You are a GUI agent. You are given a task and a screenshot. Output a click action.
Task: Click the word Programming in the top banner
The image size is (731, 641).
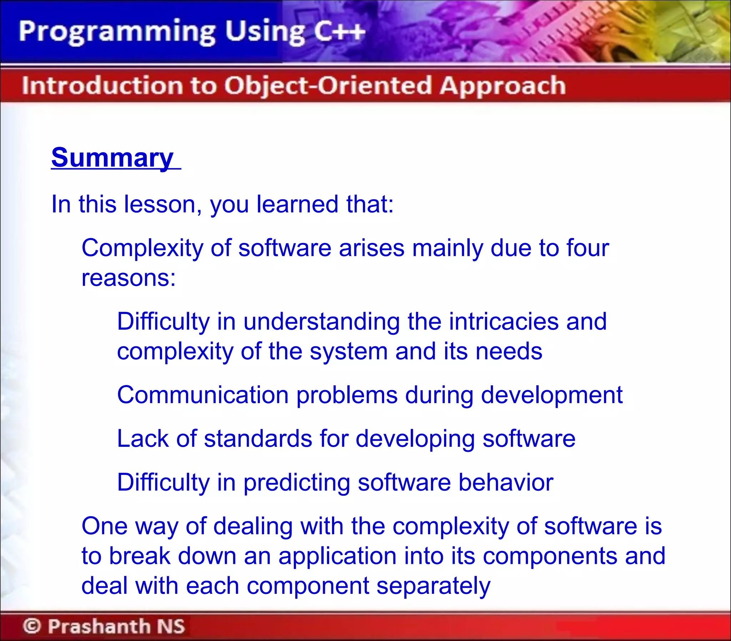tap(117, 31)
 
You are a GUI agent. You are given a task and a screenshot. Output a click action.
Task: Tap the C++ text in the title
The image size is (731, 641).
tap(339, 31)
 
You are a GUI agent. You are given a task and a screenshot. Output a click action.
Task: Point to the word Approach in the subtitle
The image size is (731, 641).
tap(503, 86)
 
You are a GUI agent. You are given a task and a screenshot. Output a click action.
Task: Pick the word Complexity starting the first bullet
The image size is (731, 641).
tap(142, 248)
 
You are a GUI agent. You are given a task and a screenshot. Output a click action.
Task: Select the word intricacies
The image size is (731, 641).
tap(503, 321)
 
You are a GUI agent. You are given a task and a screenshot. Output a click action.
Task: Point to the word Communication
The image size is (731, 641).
tap(203, 395)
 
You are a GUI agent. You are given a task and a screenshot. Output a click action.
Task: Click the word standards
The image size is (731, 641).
tap(258, 439)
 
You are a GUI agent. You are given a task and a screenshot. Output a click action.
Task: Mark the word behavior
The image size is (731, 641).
tap(506, 482)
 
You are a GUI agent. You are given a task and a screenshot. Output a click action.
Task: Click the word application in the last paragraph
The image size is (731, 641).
tap(337, 556)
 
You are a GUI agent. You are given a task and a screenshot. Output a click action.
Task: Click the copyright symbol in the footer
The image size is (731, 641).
tap(32, 626)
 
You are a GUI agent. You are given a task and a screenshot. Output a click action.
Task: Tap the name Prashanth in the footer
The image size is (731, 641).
tap(99, 626)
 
